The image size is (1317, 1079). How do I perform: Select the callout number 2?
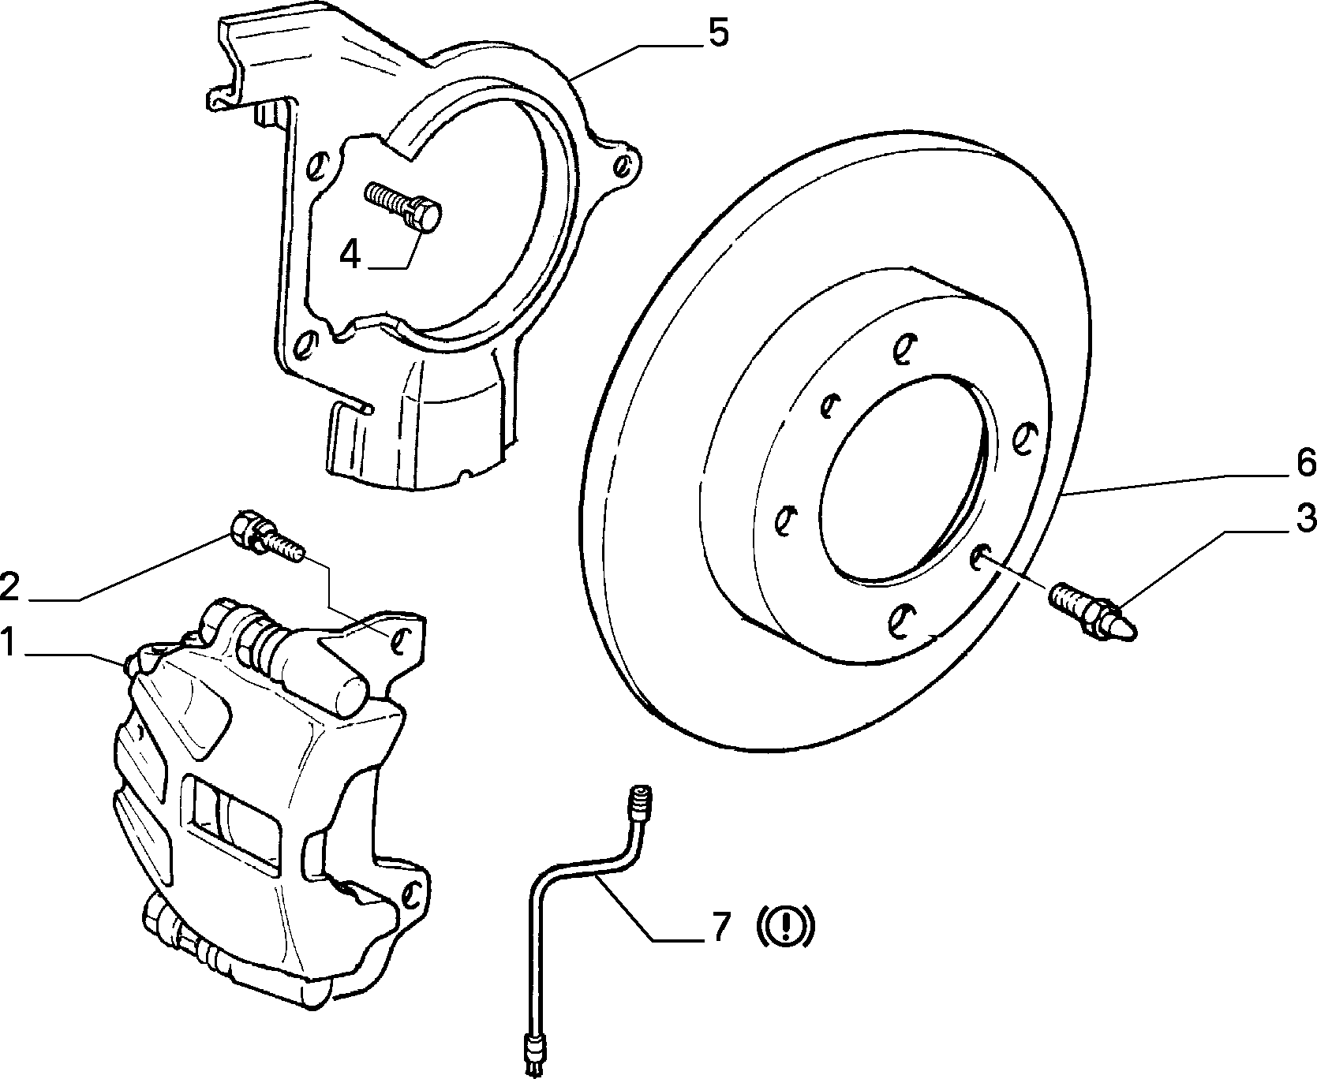point(9,587)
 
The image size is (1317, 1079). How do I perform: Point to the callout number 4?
point(350,254)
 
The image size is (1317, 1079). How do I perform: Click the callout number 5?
point(717,34)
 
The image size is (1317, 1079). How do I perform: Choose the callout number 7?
point(720,928)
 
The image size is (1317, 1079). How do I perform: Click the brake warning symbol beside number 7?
point(784,928)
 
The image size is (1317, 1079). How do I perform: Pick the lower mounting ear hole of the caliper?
point(410,894)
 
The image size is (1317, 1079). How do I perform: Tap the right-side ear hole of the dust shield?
point(624,165)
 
